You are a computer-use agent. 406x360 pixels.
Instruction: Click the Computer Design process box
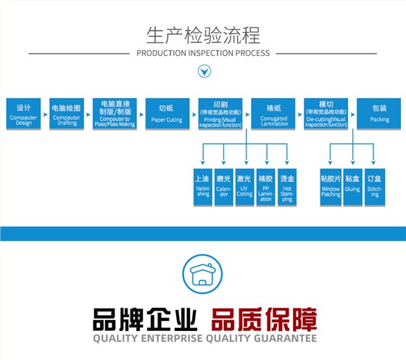[24, 113]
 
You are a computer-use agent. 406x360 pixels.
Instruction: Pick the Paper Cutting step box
[166, 113]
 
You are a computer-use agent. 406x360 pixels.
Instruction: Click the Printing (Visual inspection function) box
[221, 113]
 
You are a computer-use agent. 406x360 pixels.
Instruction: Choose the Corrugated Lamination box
[274, 113]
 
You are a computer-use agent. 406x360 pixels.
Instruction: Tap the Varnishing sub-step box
[203, 186]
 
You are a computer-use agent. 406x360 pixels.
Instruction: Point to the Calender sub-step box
[224, 186]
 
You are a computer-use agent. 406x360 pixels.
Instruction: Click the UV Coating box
[245, 186]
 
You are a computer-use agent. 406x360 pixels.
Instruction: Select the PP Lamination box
[266, 186]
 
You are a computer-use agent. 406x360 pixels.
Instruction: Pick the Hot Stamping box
[287, 186]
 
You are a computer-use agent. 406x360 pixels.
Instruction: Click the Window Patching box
[331, 186]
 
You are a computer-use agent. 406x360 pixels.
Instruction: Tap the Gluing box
[352, 186]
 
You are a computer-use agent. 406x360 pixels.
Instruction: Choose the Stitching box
[374, 186]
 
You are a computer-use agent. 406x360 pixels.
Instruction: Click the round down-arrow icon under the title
[204, 71]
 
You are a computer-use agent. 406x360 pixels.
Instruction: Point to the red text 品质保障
[265, 320]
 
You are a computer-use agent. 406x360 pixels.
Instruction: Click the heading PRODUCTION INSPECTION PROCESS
[203, 53]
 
